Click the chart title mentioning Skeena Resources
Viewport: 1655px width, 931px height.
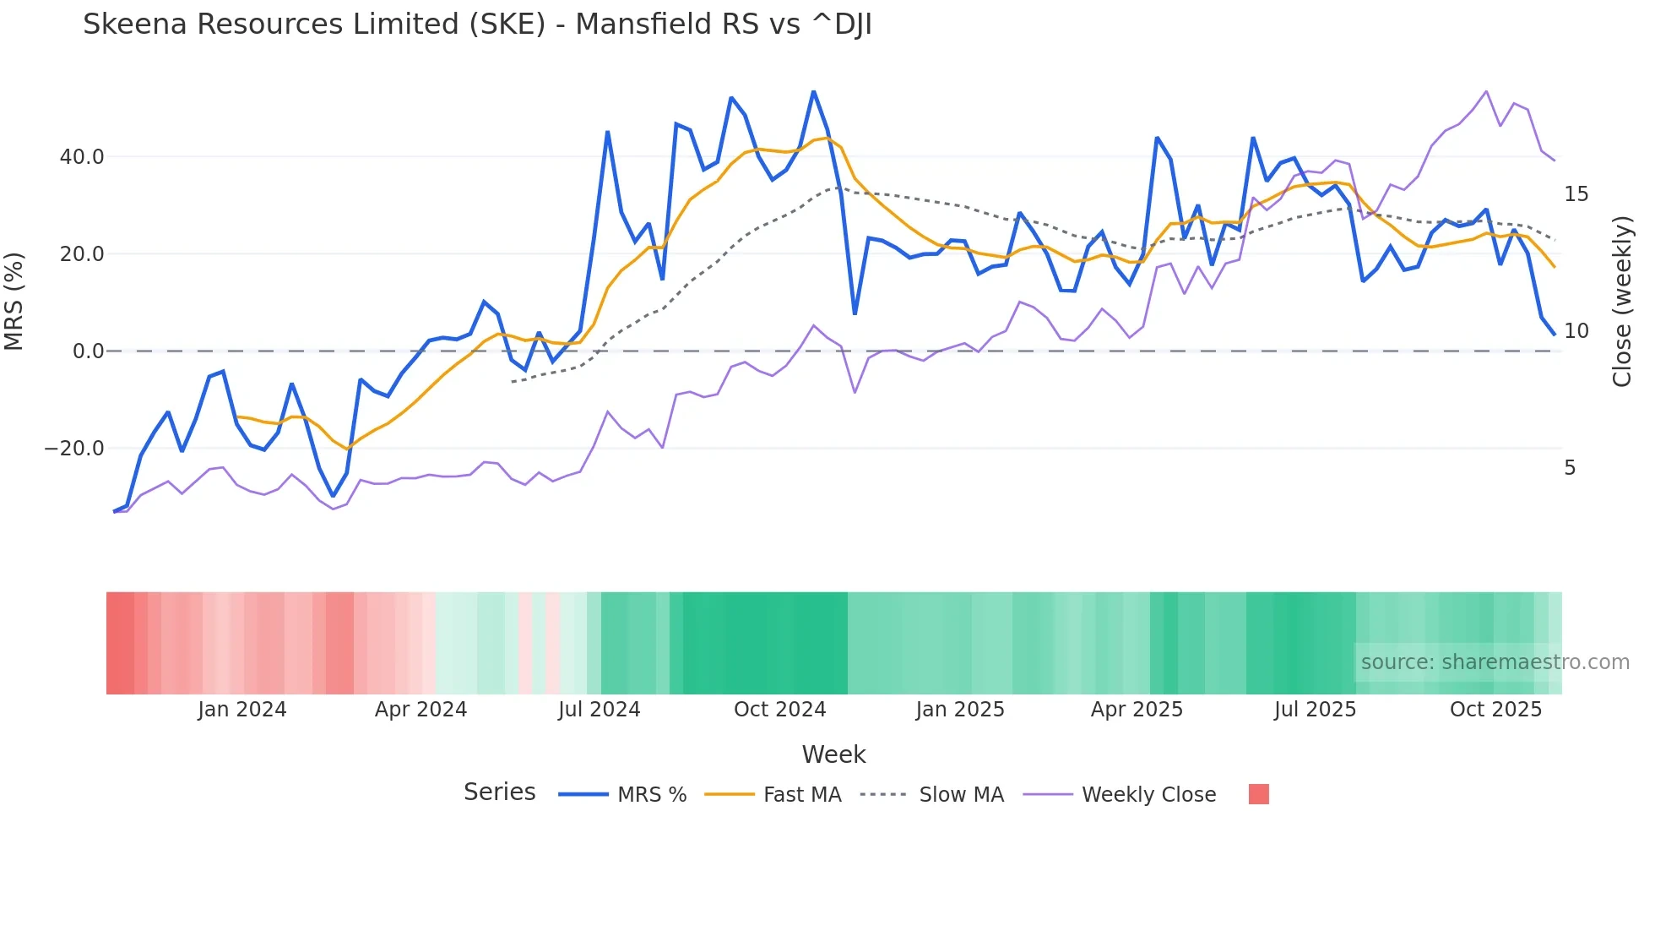477,24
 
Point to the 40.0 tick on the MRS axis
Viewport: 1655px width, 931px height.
82,157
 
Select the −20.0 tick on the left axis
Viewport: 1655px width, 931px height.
74,449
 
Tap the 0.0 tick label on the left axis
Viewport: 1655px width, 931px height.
88,351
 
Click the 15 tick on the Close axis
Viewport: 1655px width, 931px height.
1576,194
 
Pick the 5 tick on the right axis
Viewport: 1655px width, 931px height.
1570,468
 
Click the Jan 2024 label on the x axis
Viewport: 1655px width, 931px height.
242,710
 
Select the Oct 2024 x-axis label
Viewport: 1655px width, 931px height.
779,710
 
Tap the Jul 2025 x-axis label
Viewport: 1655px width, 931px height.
1315,710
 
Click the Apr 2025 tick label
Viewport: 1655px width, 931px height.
1137,710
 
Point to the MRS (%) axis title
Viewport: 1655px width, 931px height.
14,302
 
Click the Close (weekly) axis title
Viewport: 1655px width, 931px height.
1622,302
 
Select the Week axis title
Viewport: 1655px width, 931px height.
833,754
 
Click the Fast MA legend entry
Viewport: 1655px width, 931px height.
801,795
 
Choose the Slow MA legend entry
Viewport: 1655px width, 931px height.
961,795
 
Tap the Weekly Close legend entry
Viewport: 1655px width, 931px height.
1148,795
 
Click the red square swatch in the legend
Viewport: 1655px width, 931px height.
1258,794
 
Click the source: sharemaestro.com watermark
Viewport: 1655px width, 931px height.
1495,662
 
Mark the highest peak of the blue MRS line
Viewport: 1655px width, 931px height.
813,91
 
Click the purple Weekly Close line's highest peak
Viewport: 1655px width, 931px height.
1486,91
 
